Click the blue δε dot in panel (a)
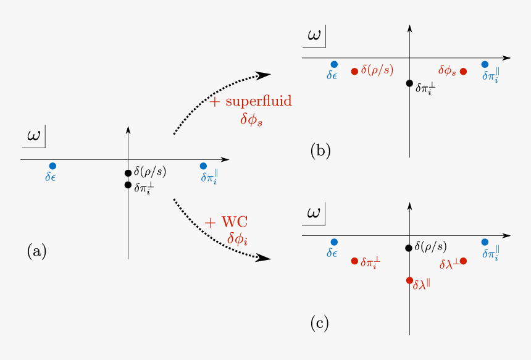pos(52,165)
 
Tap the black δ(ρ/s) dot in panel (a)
pos(128,173)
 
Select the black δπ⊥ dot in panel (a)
pos(128,185)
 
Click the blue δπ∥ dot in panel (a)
pos(203,165)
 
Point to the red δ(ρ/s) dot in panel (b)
pos(354,72)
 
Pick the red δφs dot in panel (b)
pos(463,72)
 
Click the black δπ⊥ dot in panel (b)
pos(409,83)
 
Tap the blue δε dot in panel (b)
pos(334,64)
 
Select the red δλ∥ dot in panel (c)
pos(409,280)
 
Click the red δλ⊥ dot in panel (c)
pos(463,261)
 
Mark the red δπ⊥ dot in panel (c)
pos(354,261)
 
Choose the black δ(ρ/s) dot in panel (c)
pos(409,248)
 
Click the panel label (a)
pos(36,251)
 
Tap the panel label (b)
pos(320,151)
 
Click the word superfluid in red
pos(259,102)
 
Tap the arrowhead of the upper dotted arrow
pos(264,75)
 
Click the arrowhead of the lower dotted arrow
pos(264,257)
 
